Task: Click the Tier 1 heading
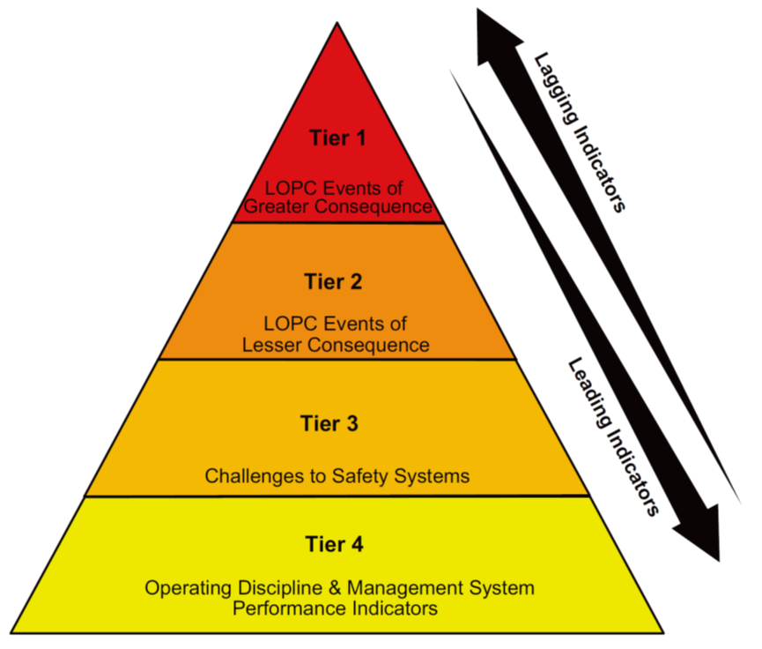tap(337, 138)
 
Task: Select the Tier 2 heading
tap(337, 283)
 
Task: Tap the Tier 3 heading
tap(337, 424)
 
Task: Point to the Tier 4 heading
tap(337, 545)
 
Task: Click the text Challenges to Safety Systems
tap(337, 477)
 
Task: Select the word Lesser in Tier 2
tap(270, 345)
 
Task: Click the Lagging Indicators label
tap(579, 131)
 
